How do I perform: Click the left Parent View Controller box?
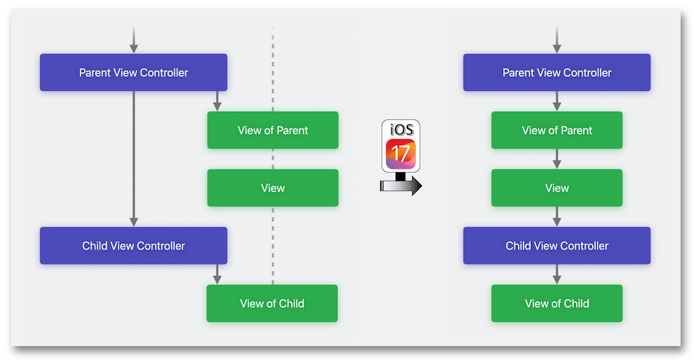[x=134, y=73]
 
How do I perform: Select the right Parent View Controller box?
[x=557, y=73]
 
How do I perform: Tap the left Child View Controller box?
[x=134, y=246]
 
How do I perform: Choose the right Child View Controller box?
[x=557, y=246]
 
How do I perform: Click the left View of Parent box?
[x=273, y=130]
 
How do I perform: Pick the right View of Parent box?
[x=557, y=130]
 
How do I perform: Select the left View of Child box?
[x=272, y=303]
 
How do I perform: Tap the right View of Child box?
[x=557, y=303]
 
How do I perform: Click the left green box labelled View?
[x=273, y=188]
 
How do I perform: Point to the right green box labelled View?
[x=557, y=188]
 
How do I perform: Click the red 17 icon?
[x=400, y=154]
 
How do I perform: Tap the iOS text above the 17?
[x=401, y=130]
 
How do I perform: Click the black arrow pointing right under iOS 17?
[x=401, y=185]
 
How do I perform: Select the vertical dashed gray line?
[x=273, y=155]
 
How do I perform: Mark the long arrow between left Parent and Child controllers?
[x=134, y=159]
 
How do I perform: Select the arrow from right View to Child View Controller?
[x=557, y=216]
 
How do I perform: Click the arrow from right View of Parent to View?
[x=557, y=159]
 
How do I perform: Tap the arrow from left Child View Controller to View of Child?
[x=217, y=275]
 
